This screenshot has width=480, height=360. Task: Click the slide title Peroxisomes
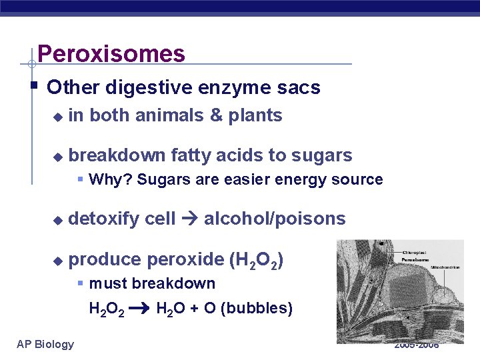pos(111,53)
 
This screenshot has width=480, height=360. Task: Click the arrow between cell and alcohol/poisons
pos(190,219)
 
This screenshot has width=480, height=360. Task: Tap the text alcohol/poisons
pos(275,219)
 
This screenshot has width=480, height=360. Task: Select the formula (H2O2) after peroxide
pos(257,260)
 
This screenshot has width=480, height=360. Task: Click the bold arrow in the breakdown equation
pos(139,309)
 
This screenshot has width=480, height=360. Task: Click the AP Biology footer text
pos(45,344)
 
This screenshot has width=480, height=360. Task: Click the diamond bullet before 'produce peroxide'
pos(57,259)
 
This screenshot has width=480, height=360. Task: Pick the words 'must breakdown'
pos(152,283)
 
